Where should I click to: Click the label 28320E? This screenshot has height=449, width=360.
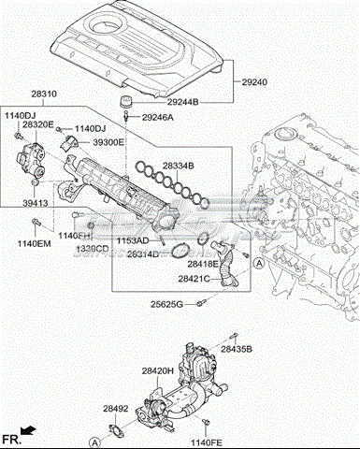(x=38, y=124)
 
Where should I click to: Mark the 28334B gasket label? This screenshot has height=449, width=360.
(x=178, y=167)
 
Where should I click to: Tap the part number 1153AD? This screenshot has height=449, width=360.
(x=133, y=241)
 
